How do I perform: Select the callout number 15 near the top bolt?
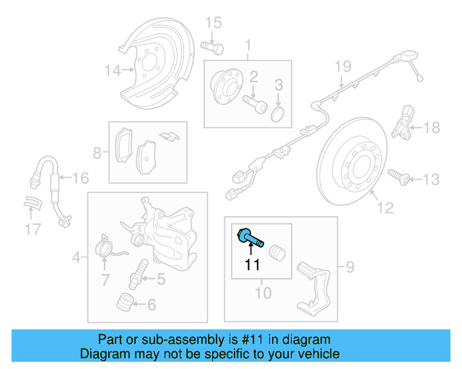[x=212, y=23]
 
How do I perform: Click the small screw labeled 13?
[x=398, y=174]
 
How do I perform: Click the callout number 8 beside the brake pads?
[x=98, y=153]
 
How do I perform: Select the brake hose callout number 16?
[x=80, y=177]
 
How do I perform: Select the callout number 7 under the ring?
[x=105, y=279]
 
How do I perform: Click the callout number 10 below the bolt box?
[x=263, y=293]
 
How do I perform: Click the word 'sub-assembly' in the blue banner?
[x=195, y=339]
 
